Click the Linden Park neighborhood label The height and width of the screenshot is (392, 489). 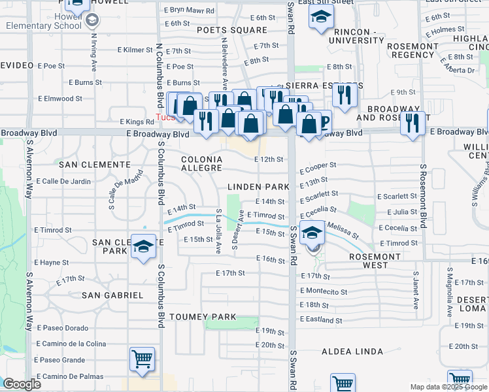[258, 187]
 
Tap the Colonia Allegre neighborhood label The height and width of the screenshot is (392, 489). [201, 163]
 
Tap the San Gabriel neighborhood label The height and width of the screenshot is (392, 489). [112, 295]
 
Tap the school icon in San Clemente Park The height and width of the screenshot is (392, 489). [143, 246]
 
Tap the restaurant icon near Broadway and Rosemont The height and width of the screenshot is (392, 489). [412, 123]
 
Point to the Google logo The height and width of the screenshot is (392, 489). [22, 384]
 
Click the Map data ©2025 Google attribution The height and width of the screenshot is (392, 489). [449, 387]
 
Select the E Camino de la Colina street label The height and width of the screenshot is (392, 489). [71, 344]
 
